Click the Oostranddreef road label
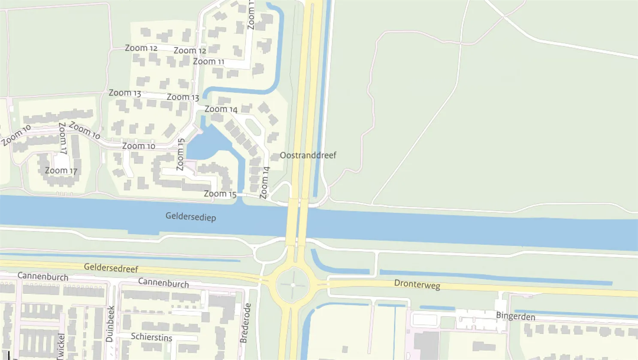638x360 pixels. pos(308,155)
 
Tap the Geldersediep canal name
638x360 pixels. pos(190,217)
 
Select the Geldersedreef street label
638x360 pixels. pos(111,268)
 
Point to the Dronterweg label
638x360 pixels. pos(417,284)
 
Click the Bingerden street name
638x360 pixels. pos(515,317)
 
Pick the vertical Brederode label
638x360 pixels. pos(245,323)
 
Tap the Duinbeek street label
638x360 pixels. pos(110,324)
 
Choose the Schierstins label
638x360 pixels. pos(151,337)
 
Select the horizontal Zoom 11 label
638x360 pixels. pos(209,62)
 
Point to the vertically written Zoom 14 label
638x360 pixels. pos(265,183)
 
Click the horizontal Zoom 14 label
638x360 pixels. pos(221,109)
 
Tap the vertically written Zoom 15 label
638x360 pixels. pos(181,154)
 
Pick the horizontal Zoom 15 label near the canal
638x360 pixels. pos(220,194)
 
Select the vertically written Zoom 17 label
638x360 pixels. pos(63,138)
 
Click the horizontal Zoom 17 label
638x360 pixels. pos(61,171)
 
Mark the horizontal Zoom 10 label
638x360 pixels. pos(139,146)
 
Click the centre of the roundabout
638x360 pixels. pos(293,285)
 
